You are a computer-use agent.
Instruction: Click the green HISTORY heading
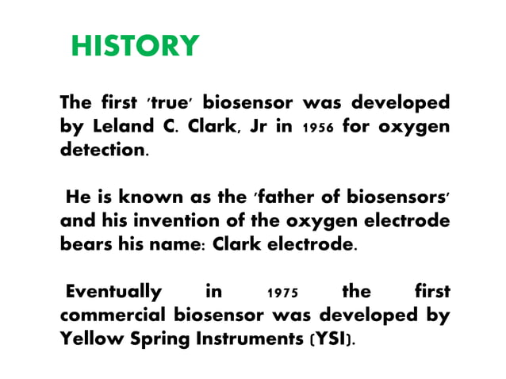(135, 46)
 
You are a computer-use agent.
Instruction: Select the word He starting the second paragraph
(78, 197)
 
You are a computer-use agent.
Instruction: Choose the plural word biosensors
(401, 197)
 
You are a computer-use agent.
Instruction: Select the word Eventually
(114, 291)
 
